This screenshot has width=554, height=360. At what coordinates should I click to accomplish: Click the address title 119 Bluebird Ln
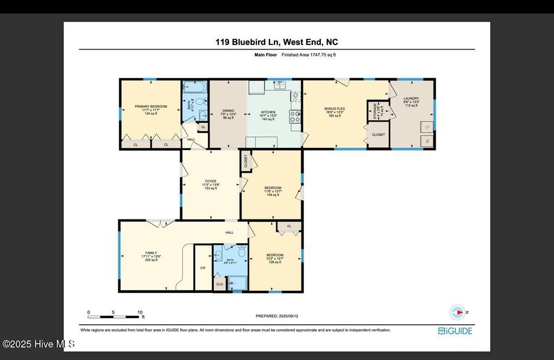pyautogui.click(x=277, y=42)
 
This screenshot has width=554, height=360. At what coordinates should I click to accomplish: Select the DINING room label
pyautogui.click(x=228, y=114)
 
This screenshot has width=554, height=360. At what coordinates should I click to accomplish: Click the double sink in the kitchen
pyautogui.click(x=280, y=85)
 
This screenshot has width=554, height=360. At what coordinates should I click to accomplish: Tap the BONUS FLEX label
pyautogui.click(x=334, y=112)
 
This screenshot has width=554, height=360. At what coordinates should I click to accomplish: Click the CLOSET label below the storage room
pyautogui.click(x=378, y=134)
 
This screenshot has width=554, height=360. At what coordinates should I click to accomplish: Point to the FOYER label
pyautogui.click(x=210, y=185)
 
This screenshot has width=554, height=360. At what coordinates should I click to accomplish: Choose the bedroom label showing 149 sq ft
pyautogui.click(x=273, y=191)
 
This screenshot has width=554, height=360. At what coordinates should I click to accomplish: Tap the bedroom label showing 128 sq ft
pyautogui.click(x=275, y=258)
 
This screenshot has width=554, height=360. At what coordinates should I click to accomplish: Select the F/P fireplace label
pyautogui.click(x=203, y=268)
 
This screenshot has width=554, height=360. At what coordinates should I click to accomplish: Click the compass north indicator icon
pyautogui.click(x=458, y=312)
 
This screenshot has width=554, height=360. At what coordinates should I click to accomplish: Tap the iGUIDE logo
pyautogui.click(x=455, y=330)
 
